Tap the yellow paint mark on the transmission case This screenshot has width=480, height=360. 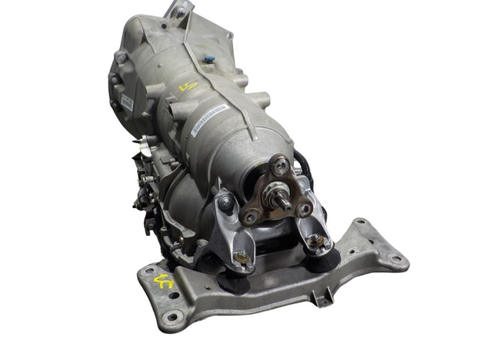[187, 87]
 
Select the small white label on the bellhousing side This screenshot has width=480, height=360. [127, 102]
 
